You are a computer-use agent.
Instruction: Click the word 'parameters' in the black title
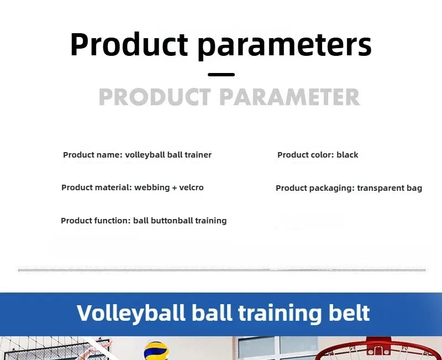coord(285,45)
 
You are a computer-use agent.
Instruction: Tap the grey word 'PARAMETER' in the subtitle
coord(290,97)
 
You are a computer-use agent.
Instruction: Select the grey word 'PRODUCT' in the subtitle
coord(155,97)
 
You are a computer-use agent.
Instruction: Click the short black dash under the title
coord(221,75)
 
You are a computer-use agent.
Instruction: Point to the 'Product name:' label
coord(92,155)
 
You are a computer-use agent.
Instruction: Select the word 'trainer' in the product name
coord(198,155)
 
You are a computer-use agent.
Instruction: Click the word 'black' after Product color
coord(347,155)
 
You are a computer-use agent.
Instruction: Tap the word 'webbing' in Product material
coord(152,187)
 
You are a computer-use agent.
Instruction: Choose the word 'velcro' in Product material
coord(191,187)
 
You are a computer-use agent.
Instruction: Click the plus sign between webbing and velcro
coord(175,188)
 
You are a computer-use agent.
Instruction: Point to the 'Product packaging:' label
coord(315,188)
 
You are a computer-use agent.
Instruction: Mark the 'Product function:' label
coord(96,221)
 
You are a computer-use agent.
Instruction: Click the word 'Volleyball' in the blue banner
coord(131,313)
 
